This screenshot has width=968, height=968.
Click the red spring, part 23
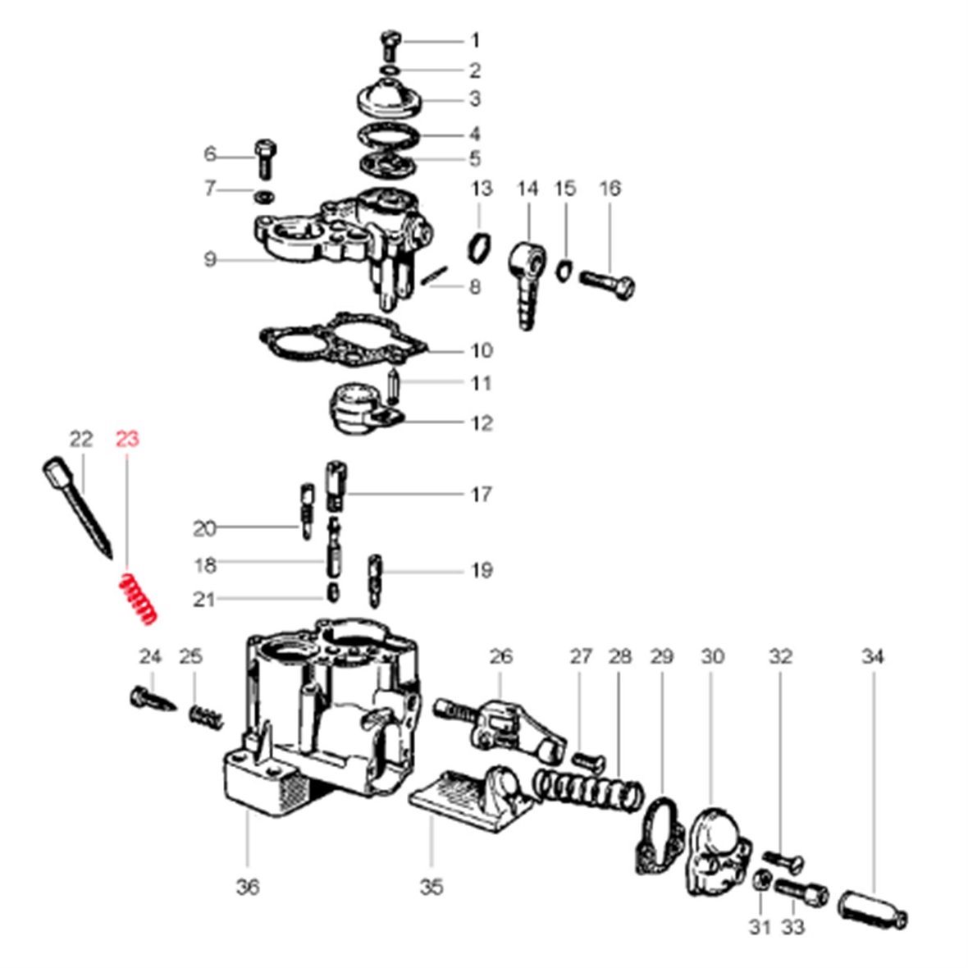136,598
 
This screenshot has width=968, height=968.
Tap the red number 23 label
128,439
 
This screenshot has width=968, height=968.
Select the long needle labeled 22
77,508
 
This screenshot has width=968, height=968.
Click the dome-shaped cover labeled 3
389,98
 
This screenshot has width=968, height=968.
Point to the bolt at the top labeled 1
390,44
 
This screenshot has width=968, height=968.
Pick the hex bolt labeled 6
266,158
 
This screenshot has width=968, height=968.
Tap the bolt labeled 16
608,285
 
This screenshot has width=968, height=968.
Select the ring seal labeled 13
480,247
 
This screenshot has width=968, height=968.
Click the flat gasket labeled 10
342,342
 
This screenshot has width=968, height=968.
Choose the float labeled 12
366,408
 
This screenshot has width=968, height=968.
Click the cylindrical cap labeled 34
872,910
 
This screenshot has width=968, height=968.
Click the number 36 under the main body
248,887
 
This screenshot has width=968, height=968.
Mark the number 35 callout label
431,887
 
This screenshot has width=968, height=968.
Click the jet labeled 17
336,486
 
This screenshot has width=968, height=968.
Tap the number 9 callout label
210,259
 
